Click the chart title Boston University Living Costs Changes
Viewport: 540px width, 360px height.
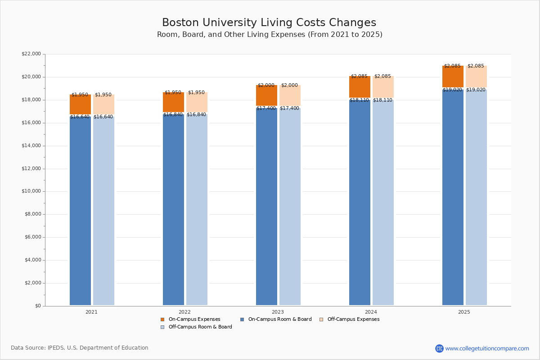pos(269,23)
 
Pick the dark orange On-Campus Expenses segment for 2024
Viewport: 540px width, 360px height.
pos(360,87)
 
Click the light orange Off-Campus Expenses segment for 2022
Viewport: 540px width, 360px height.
pos(197,103)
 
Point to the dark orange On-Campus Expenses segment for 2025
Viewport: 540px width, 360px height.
pos(453,76)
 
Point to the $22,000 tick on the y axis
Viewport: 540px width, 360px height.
pos(31,54)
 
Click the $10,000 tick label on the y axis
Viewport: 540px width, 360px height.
pos(31,191)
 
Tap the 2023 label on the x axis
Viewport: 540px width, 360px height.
pos(278,312)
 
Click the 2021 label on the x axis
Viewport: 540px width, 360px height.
pos(91,312)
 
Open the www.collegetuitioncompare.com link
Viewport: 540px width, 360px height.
pos(487,348)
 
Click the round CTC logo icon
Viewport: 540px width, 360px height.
pos(439,348)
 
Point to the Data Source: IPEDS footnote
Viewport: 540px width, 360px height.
pos(80,348)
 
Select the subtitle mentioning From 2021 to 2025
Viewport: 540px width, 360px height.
pos(270,35)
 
